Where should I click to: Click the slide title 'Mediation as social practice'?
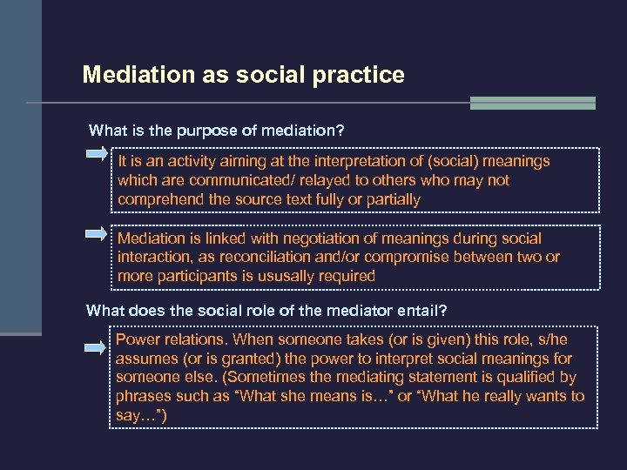(x=243, y=75)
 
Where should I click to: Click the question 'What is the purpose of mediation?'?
(x=217, y=131)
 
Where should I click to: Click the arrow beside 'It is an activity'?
(x=97, y=156)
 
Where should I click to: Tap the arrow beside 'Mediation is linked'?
(x=97, y=233)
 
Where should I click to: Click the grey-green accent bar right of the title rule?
(x=532, y=103)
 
